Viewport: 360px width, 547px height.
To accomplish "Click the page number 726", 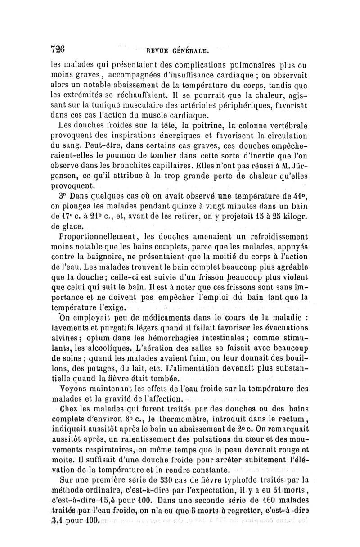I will [59, 48].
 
